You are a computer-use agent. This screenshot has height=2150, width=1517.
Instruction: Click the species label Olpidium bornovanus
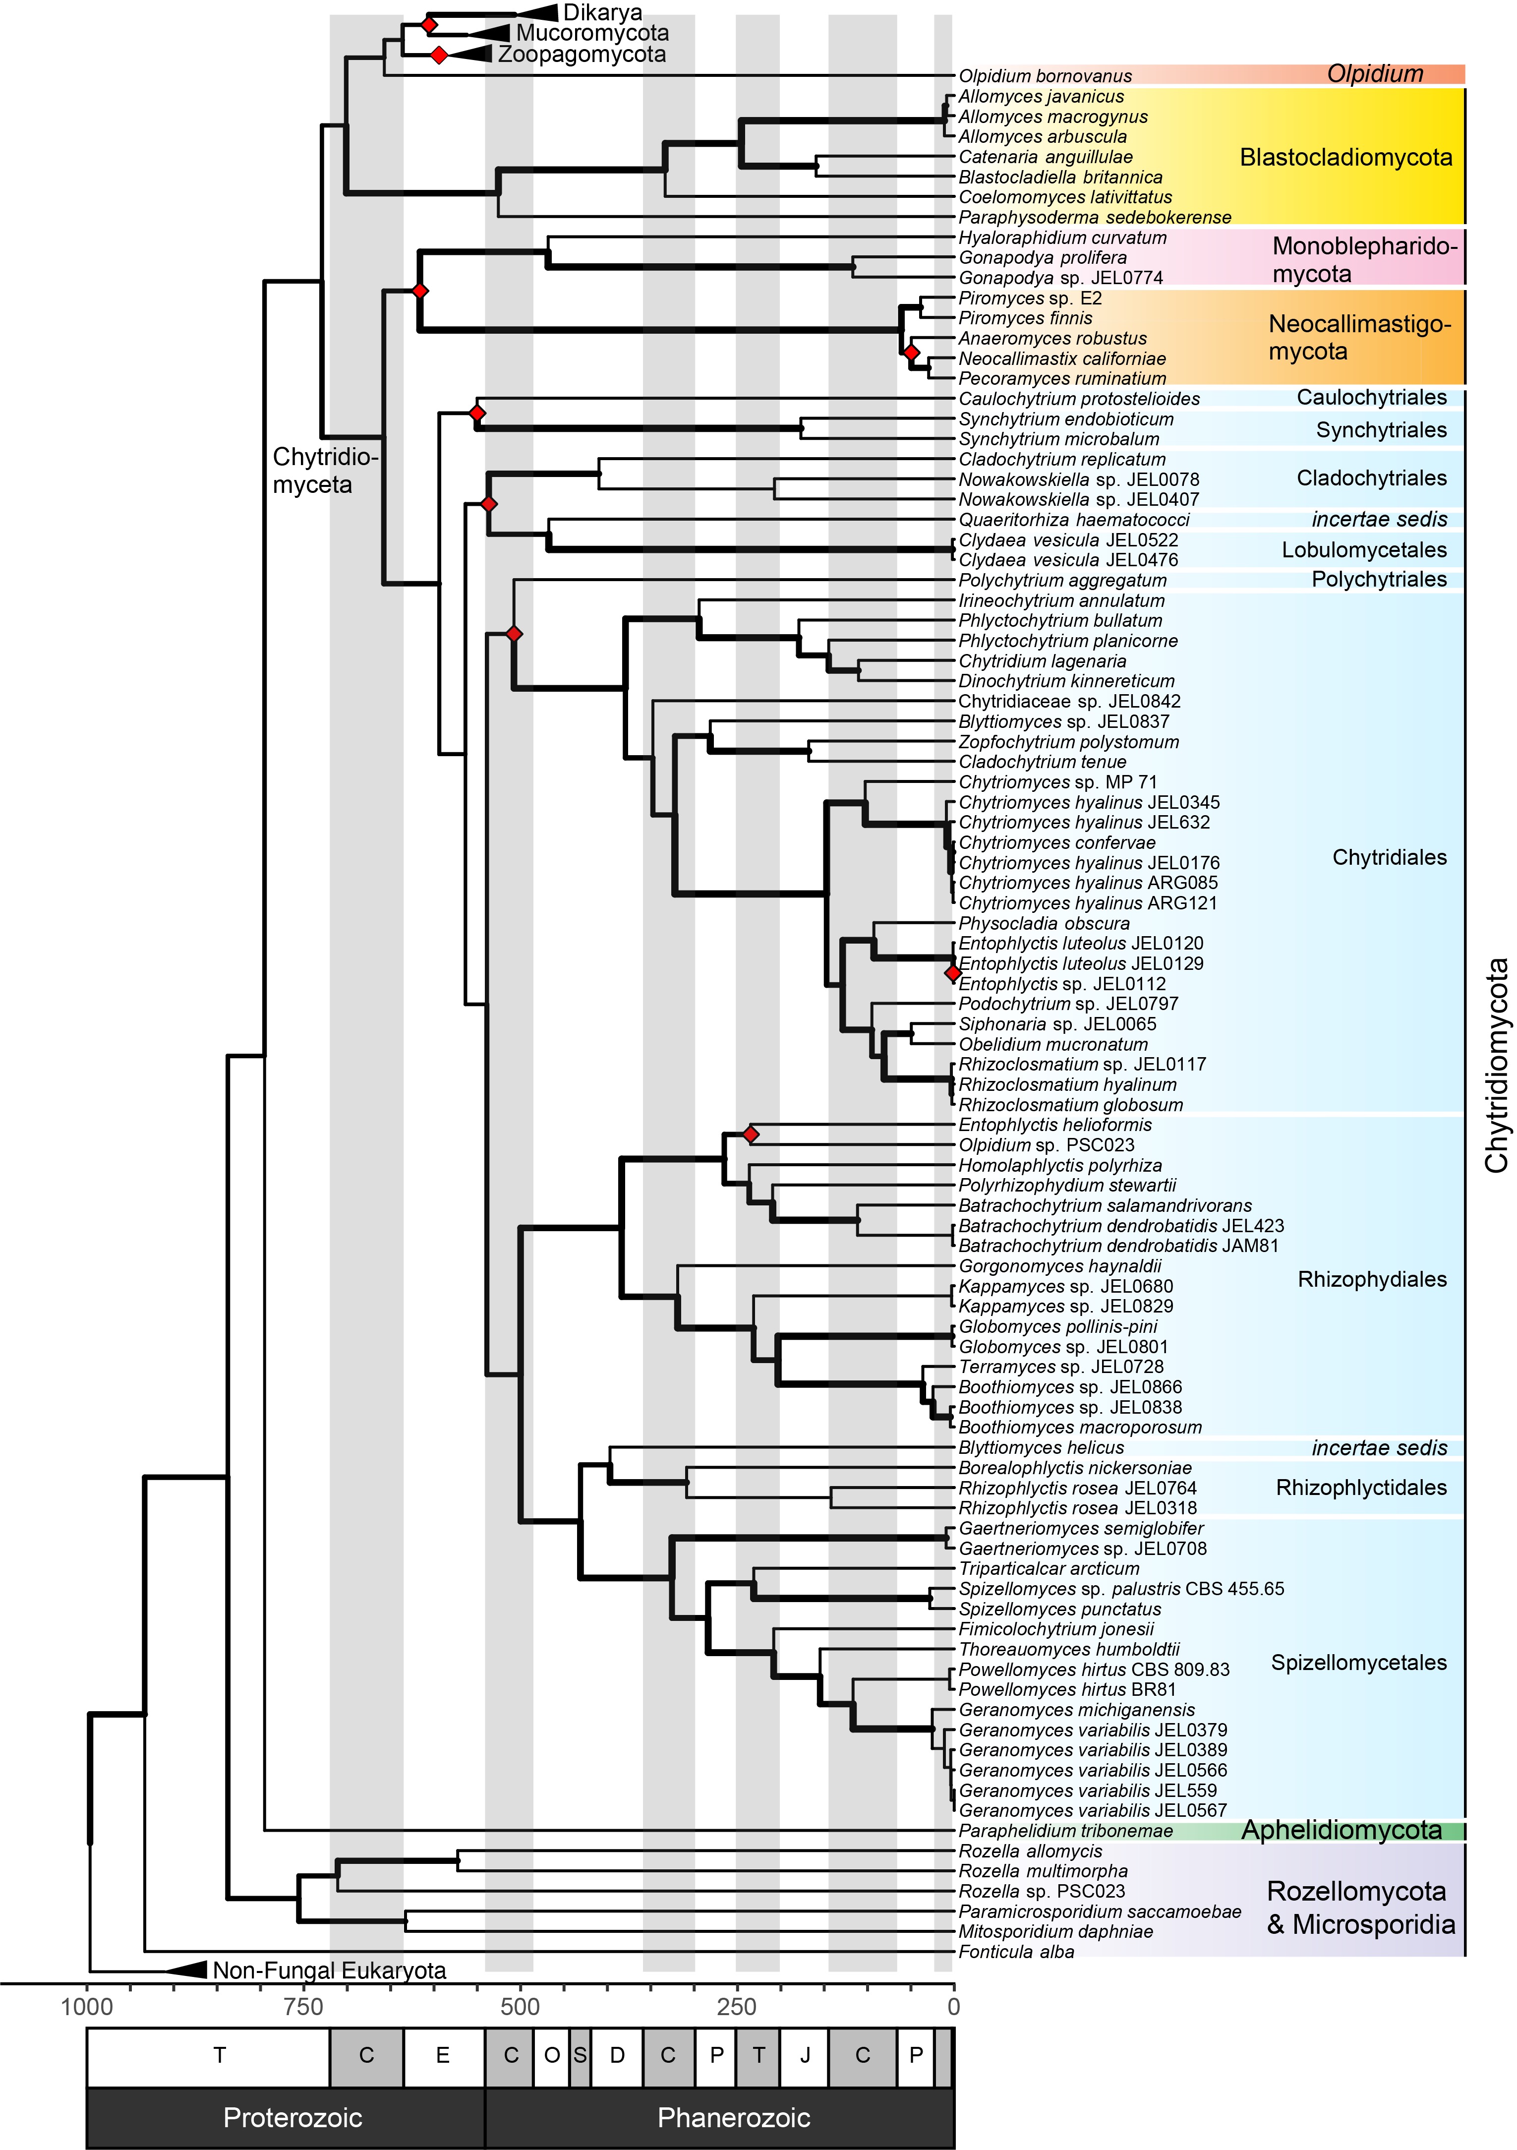[1045, 76]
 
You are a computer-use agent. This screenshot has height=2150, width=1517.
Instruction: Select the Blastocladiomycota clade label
[1345, 157]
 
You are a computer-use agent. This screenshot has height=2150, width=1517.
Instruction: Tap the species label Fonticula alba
[1016, 1952]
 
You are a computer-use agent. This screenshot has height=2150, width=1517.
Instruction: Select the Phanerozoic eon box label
[734, 2117]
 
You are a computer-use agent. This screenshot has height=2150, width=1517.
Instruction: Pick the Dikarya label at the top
[602, 13]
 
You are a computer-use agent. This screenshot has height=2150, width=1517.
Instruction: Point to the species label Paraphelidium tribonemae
[1066, 1831]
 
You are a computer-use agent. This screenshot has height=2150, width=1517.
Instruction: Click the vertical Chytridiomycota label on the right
[1496, 1065]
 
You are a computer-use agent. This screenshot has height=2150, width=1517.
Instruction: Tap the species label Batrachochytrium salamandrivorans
[1105, 1206]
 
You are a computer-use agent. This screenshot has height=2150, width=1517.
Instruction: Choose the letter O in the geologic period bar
[552, 2055]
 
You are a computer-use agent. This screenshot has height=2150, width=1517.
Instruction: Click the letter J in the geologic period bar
[805, 2055]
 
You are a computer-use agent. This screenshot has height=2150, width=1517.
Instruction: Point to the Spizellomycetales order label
[1359, 1662]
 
